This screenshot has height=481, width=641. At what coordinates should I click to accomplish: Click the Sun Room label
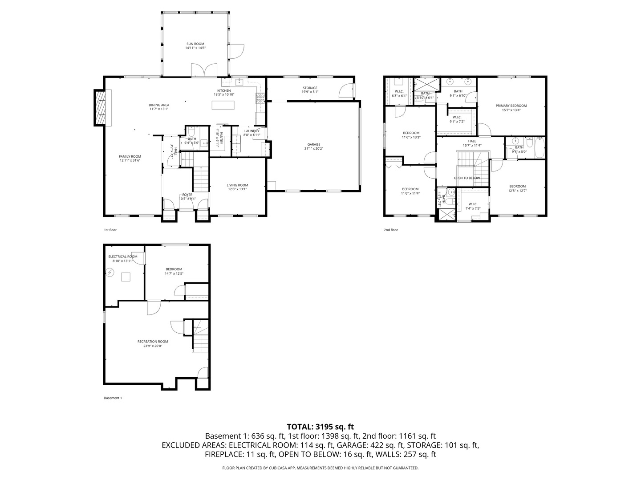coord(195,44)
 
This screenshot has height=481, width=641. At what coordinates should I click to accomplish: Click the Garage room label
coord(313,144)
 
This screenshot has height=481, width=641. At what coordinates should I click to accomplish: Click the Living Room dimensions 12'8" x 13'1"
coord(237,189)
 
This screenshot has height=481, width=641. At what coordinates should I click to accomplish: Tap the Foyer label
coord(187,195)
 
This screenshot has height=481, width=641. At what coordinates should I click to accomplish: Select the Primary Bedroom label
coord(511,106)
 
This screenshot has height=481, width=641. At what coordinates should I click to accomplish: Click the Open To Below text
coord(467,178)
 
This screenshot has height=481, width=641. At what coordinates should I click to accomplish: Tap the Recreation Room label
coord(153,341)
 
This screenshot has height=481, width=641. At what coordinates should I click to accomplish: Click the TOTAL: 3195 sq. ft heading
coord(320,426)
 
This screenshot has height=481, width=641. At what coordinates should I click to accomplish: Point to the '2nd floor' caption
coord(391,230)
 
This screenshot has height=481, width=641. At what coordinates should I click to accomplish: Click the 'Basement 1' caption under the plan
coord(113,398)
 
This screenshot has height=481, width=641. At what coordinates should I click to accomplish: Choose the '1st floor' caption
coord(110,230)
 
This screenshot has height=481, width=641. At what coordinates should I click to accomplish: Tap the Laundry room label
coord(252,131)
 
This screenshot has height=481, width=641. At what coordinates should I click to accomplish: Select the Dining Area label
coord(159,105)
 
